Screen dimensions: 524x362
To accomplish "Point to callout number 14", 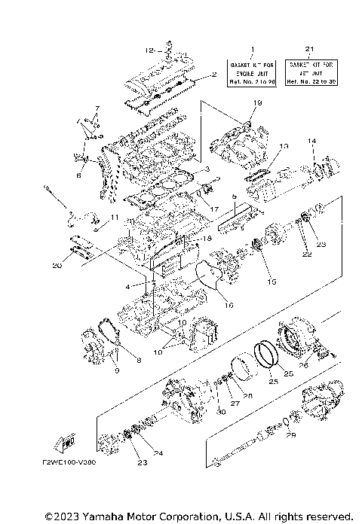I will point(310,142).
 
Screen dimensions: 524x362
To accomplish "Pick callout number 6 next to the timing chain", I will point(78,175).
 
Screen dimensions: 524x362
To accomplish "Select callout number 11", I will point(114,218).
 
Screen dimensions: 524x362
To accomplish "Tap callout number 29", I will point(292,436).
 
